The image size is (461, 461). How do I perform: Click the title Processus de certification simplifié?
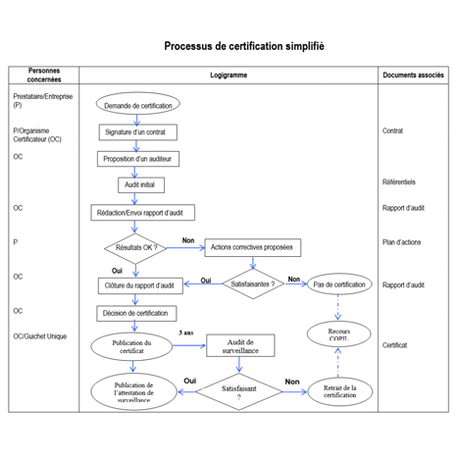coord(244,46)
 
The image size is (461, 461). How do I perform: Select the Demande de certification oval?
coord(138,104)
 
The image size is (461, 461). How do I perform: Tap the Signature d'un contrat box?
coord(138,132)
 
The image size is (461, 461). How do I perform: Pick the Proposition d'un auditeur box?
coord(138,159)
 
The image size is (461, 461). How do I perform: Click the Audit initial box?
coord(141,185)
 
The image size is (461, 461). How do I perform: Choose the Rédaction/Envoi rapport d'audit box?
coord(143,213)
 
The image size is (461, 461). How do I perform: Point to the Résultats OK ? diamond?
coord(135,248)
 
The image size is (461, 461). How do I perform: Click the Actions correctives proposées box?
coord(253,247)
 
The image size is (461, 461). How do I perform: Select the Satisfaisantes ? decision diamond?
coord(253,283)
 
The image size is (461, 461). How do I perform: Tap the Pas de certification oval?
coord(339,284)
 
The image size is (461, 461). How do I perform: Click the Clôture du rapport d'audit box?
coord(140,285)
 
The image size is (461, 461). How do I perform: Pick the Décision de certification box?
coord(136,314)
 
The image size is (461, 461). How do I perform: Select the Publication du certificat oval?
coord(131,346)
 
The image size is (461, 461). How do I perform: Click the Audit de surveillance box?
coord(240,345)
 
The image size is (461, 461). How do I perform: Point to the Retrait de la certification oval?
coord(340,391)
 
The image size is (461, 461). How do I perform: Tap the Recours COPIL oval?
coord(339,334)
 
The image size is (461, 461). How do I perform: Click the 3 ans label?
coord(186,333)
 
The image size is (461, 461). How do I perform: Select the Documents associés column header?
coord(413,76)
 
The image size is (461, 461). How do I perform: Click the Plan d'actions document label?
coord(401,242)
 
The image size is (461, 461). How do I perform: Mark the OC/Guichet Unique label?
coord(40,336)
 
